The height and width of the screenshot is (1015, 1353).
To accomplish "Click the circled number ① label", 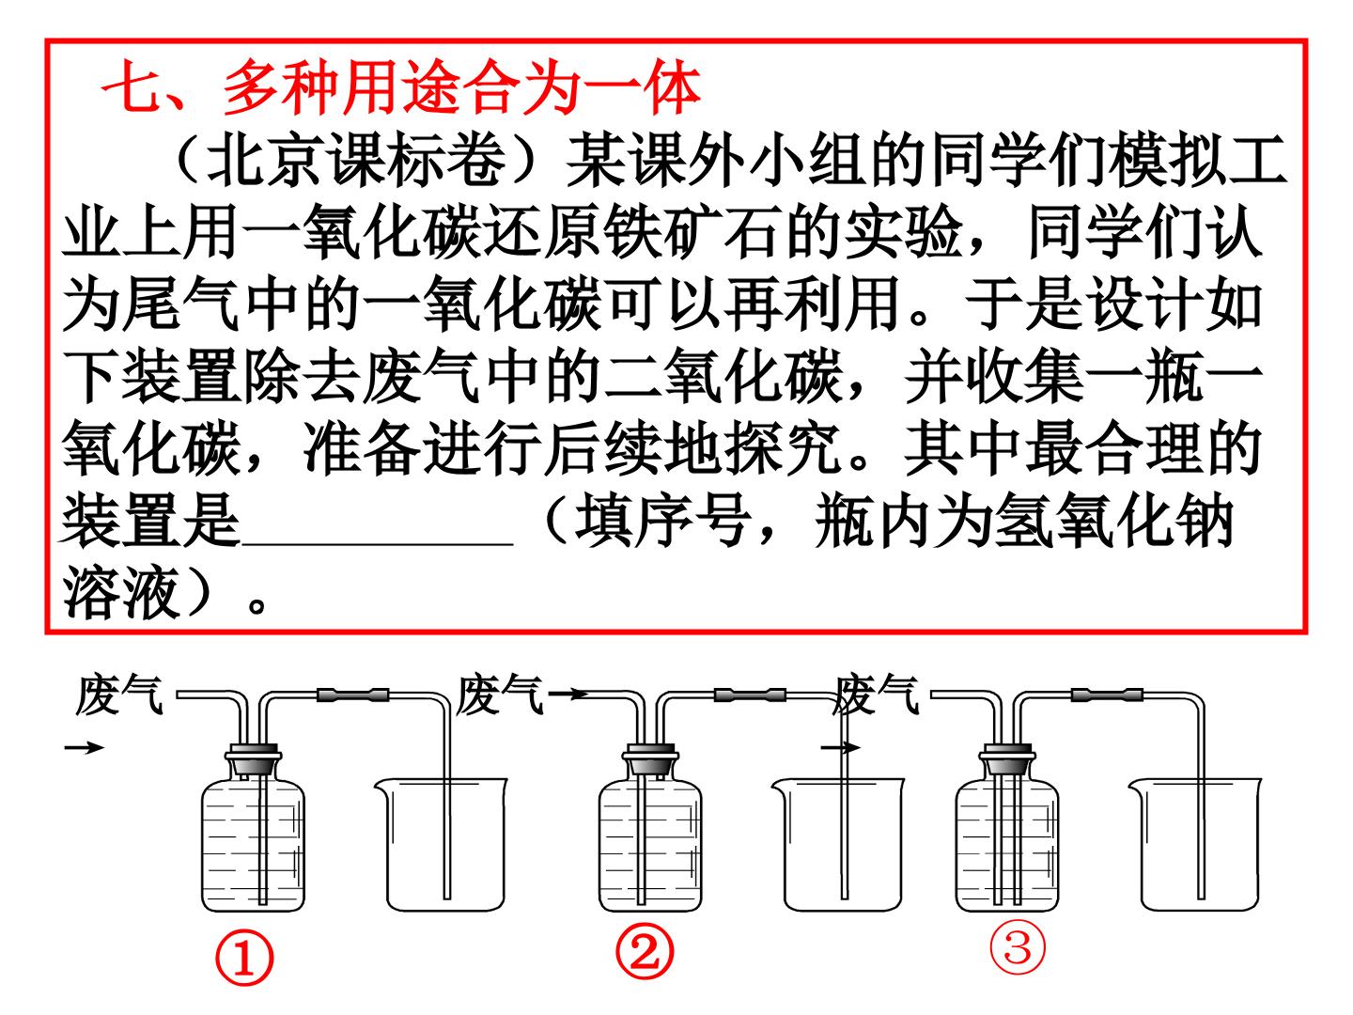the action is [243, 960].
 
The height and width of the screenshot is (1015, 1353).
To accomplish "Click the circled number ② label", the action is [645, 955].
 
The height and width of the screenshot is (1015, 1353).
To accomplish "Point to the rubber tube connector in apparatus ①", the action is [352, 695].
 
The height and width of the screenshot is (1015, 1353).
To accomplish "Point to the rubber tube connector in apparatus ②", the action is [750, 695].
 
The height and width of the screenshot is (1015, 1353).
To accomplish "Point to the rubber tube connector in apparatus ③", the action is [1107, 695].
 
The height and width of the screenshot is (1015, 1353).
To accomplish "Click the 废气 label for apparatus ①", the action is [119, 695].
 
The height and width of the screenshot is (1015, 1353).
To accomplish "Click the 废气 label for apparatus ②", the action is [499, 695].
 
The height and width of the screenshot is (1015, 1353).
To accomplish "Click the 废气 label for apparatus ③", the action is [876, 695].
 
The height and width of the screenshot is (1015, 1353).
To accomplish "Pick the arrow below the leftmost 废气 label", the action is [85, 748].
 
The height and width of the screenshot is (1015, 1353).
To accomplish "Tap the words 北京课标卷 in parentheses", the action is [357, 160].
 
